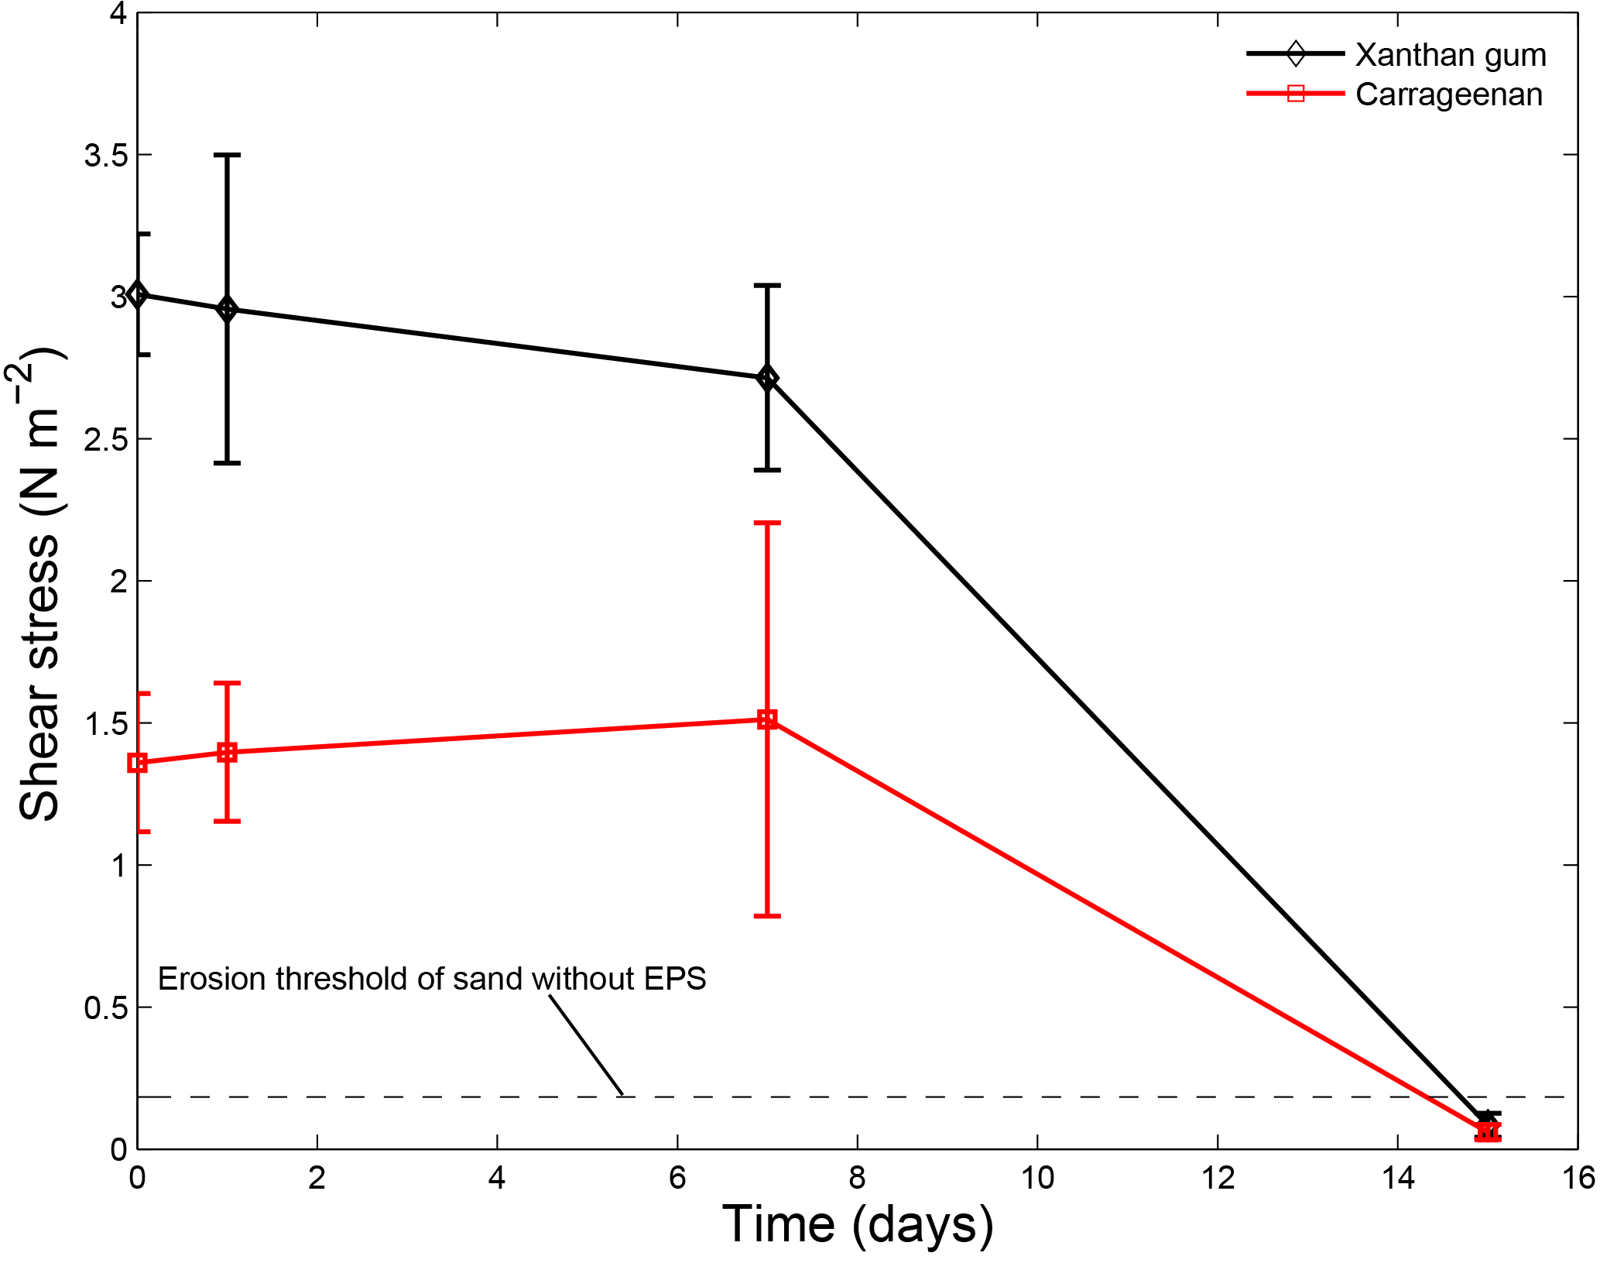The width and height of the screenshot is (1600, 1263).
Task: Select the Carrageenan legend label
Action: [1448, 94]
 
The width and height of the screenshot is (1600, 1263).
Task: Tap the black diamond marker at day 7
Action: [767, 378]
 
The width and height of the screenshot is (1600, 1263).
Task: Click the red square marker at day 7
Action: [767, 719]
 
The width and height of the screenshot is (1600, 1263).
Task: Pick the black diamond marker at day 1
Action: [227, 310]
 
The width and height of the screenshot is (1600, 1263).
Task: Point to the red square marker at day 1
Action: [227, 752]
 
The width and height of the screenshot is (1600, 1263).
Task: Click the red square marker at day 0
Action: [138, 763]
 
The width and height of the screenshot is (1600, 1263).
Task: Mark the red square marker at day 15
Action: [1487, 1132]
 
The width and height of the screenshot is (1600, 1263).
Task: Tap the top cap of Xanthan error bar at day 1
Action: [227, 155]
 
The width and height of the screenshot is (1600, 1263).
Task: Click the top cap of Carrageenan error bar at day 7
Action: [767, 523]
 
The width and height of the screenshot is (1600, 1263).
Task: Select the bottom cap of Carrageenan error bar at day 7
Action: [767, 916]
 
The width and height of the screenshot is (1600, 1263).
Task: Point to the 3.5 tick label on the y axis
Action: [105, 156]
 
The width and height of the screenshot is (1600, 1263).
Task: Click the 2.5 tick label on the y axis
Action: [105, 440]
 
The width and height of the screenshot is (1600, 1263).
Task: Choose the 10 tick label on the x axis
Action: [1037, 1179]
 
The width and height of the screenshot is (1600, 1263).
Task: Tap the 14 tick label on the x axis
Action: [1397, 1179]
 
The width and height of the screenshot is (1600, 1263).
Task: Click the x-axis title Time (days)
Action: [857, 1225]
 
